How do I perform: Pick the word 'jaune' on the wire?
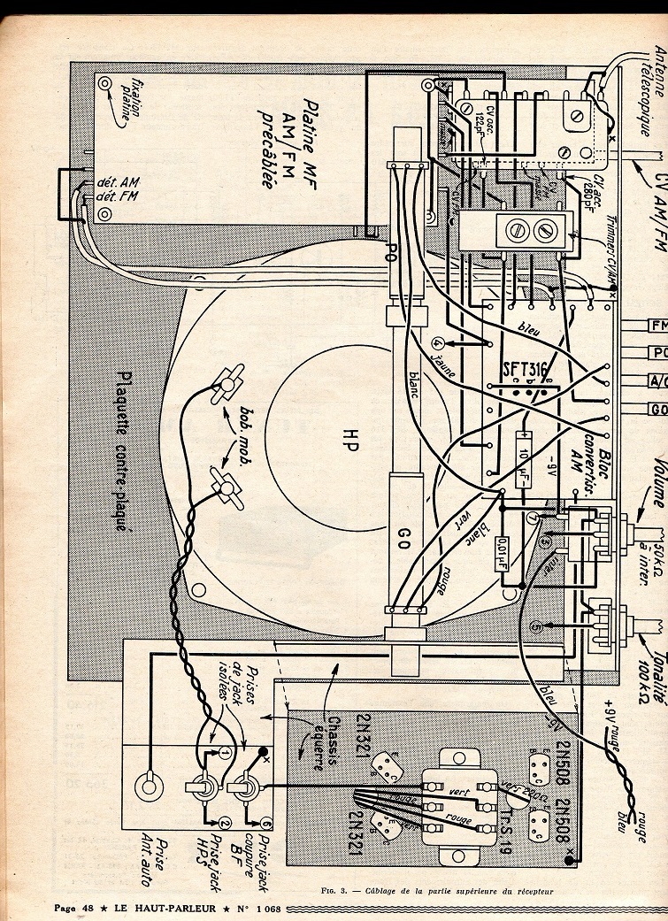click(x=432, y=372)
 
